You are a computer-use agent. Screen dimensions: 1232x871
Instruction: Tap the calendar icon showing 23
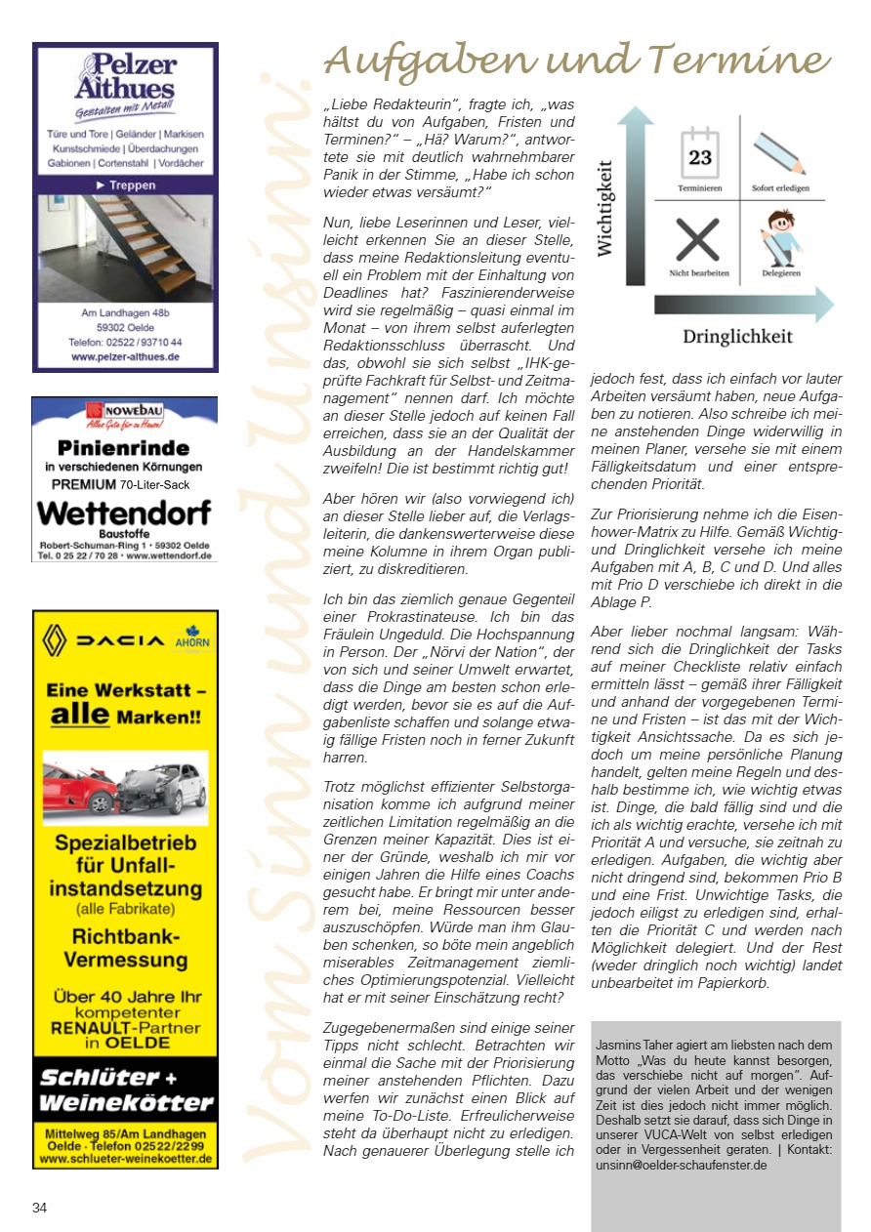(700, 154)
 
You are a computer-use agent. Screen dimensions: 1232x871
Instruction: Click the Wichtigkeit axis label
(606, 209)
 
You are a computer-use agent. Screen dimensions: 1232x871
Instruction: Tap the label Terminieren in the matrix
(700, 187)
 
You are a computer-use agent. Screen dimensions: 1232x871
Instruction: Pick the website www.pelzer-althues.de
(125, 358)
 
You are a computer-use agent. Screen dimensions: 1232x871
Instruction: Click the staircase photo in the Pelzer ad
(125, 249)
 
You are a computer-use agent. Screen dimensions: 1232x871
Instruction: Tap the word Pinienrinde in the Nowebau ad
(124, 448)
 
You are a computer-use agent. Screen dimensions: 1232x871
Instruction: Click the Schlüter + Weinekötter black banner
(125, 1090)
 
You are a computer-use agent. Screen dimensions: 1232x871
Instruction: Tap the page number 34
(40, 1208)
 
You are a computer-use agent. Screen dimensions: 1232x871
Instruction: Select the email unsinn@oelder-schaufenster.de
(681, 1165)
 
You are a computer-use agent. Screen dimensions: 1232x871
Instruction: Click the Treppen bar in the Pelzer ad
(125, 184)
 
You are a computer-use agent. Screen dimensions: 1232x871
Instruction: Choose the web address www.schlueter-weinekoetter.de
(125, 1159)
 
